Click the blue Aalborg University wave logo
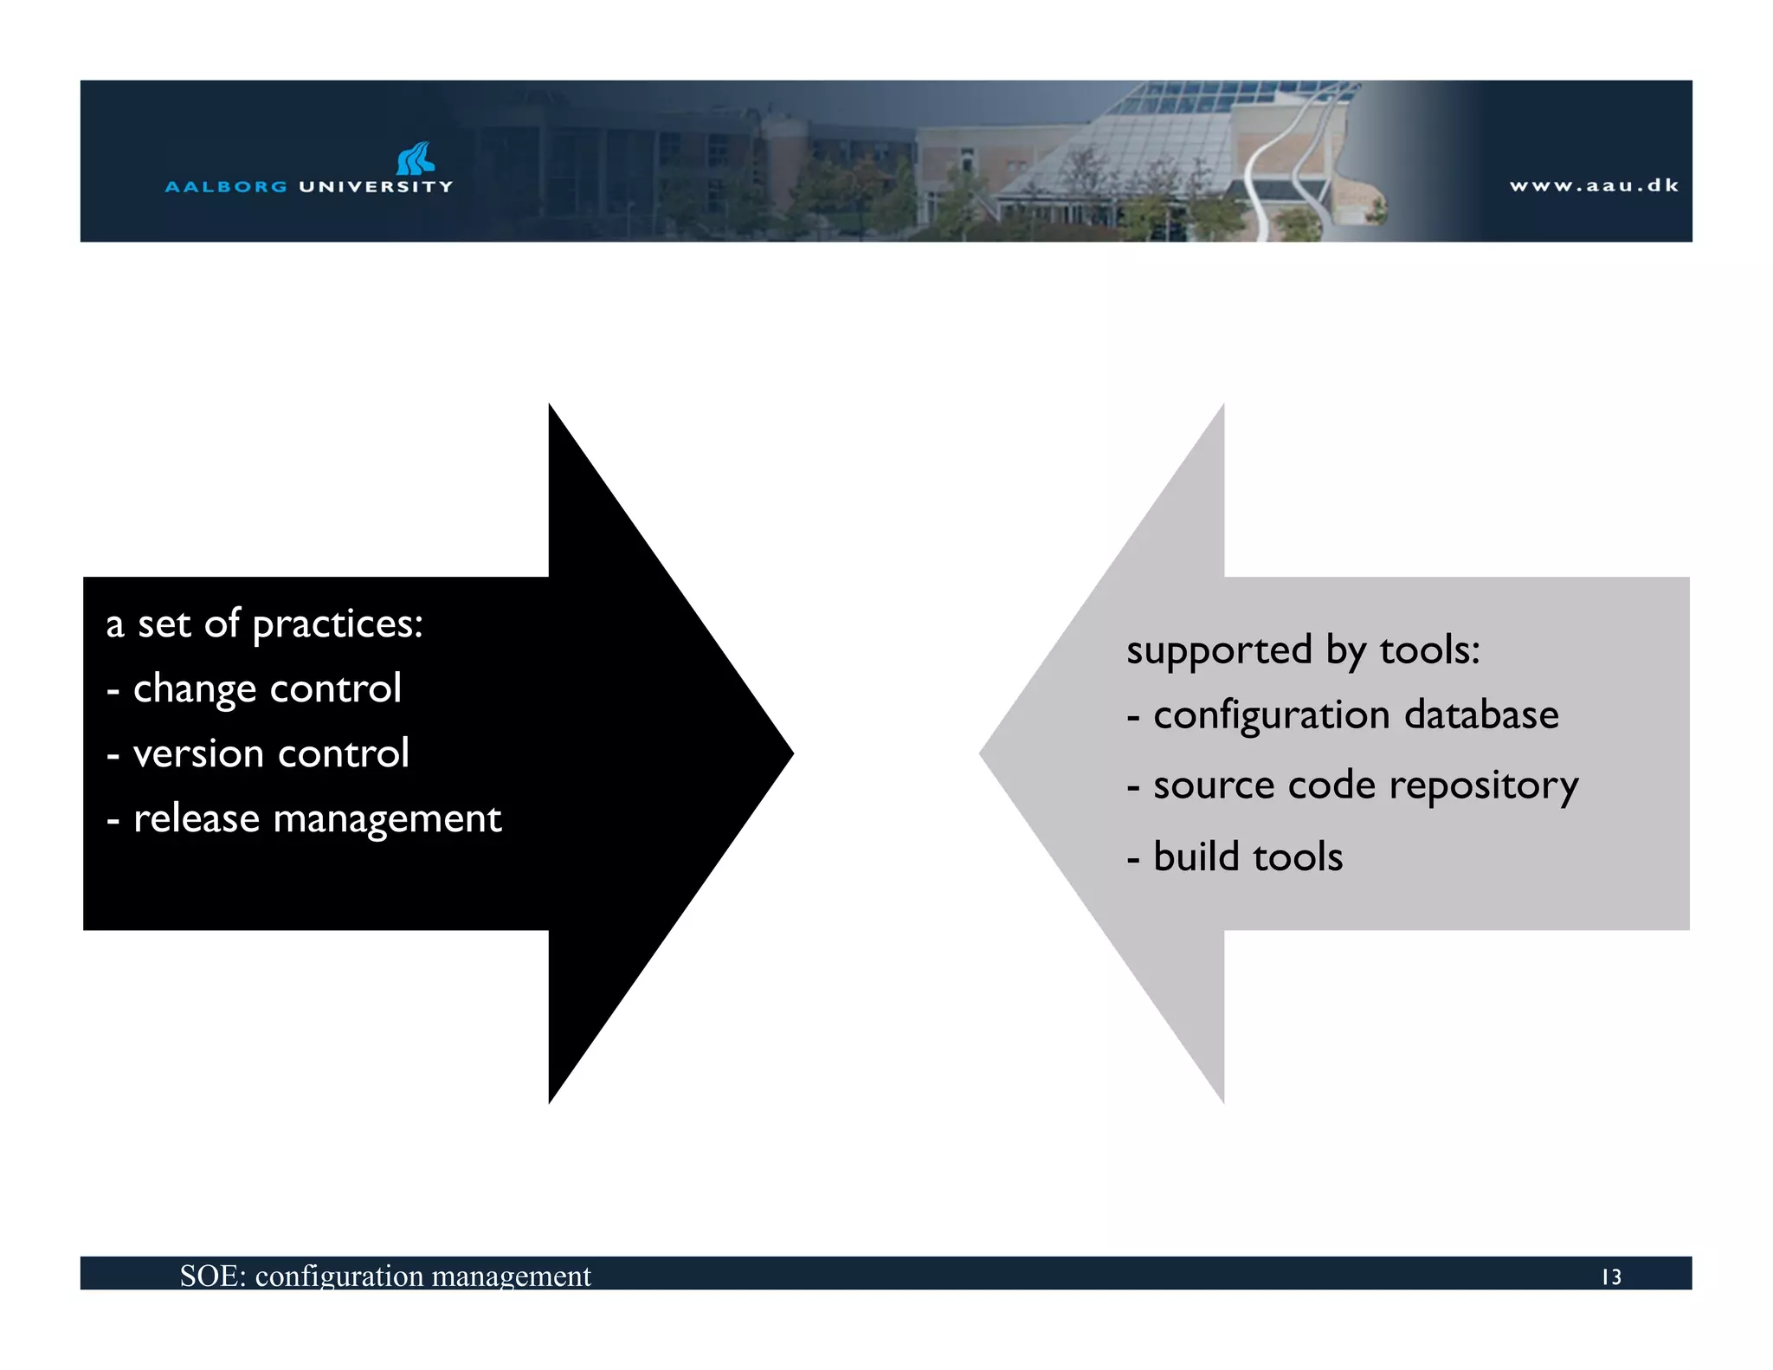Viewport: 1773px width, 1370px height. click(x=416, y=159)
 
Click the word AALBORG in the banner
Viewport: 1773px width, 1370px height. click(x=226, y=186)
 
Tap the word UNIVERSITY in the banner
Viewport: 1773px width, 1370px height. click(x=376, y=186)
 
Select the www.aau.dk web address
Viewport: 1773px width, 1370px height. click(x=1594, y=185)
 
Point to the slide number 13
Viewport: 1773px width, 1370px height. click(x=1611, y=1276)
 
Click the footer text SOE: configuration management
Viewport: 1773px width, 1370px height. click(x=385, y=1276)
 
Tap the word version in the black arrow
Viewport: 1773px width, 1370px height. click(x=198, y=754)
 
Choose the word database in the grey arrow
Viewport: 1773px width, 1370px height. click(x=1481, y=715)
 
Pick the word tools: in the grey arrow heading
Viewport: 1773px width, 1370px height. click(x=1430, y=650)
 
